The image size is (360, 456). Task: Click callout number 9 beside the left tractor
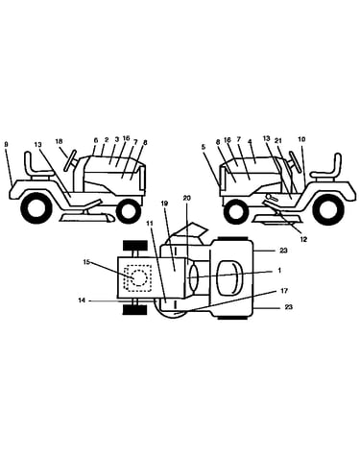click(x=6, y=144)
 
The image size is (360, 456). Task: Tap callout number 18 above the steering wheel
click(x=59, y=141)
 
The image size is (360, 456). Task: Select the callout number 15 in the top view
click(x=86, y=262)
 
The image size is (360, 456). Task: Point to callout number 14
click(x=82, y=300)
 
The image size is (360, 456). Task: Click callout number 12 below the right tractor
click(x=303, y=239)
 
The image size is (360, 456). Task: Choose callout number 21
click(x=278, y=140)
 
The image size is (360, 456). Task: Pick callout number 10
click(x=301, y=139)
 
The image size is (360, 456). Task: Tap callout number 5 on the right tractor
click(x=204, y=147)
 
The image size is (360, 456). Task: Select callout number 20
click(x=187, y=198)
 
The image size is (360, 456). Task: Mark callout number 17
click(x=284, y=291)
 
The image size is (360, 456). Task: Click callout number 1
click(x=279, y=271)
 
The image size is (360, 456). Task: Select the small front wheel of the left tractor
click(x=129, y=211)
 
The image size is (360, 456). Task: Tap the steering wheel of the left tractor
click(x=70, y=160)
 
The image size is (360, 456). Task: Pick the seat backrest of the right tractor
click(x=338, y=163)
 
